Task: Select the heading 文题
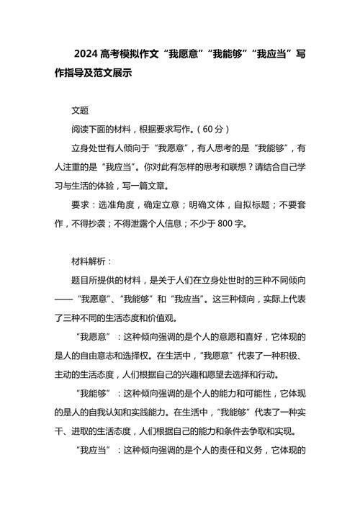pos(80,111)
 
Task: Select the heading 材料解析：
pos(91,261)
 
